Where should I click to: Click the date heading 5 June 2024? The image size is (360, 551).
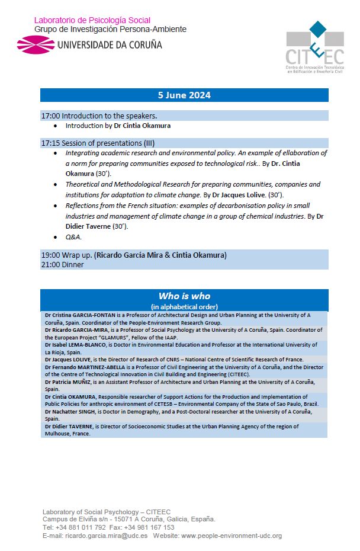click(x=184, y=95)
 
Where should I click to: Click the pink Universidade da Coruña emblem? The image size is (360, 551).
click(x=35, y=44)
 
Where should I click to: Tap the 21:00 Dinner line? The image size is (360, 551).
click(x=62, y=265)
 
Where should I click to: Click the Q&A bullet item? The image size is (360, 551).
click(x=73, y=237)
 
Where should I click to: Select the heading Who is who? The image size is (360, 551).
click(x=184, y=296)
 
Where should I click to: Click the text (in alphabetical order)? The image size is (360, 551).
click(x=184, y=306)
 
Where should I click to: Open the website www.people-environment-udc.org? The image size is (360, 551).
click(x=232, y=536)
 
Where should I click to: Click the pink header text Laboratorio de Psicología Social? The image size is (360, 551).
click(x=92, y=21)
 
